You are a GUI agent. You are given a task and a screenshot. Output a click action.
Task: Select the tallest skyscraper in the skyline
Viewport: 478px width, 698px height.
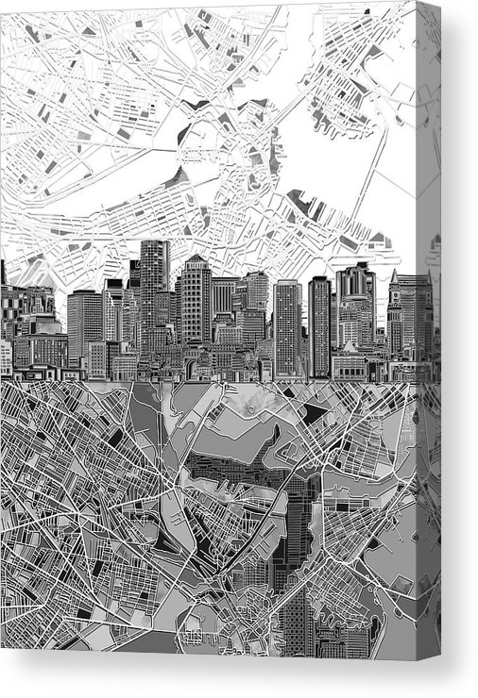pos(153,283)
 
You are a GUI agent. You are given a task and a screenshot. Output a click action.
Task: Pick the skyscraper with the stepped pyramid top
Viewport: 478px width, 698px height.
pos(196,292)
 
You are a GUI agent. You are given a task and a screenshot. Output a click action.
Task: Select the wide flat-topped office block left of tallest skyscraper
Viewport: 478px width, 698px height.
pos(84,325)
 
